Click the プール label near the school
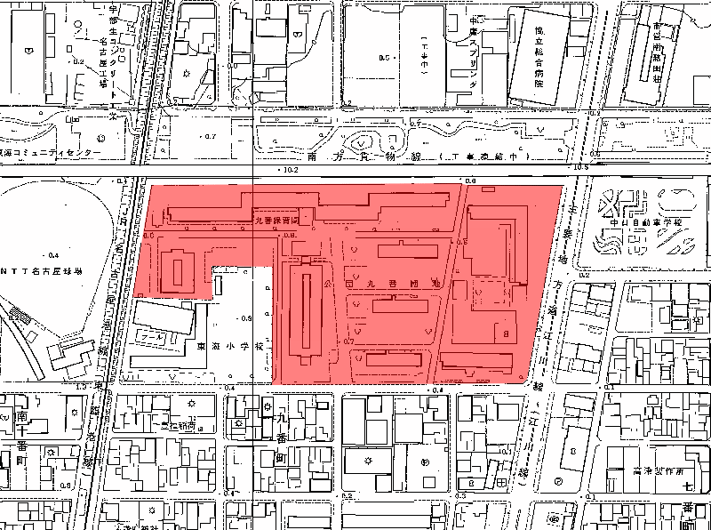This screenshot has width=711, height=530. (x=153, y=339)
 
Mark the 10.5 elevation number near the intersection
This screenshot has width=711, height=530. (x=582, y=167)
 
